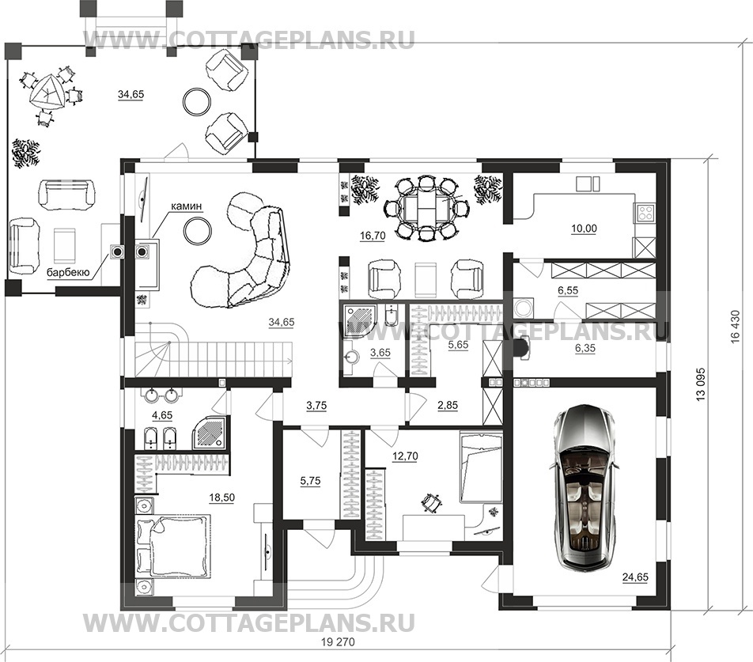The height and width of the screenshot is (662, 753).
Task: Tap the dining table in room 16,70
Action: [426, 209]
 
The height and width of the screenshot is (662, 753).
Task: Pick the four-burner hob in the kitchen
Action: [645, 212]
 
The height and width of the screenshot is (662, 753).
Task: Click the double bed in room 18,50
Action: [174, 545]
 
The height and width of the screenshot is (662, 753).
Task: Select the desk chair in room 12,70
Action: [432, 501]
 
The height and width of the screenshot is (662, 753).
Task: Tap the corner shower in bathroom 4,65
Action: [210, 432]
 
